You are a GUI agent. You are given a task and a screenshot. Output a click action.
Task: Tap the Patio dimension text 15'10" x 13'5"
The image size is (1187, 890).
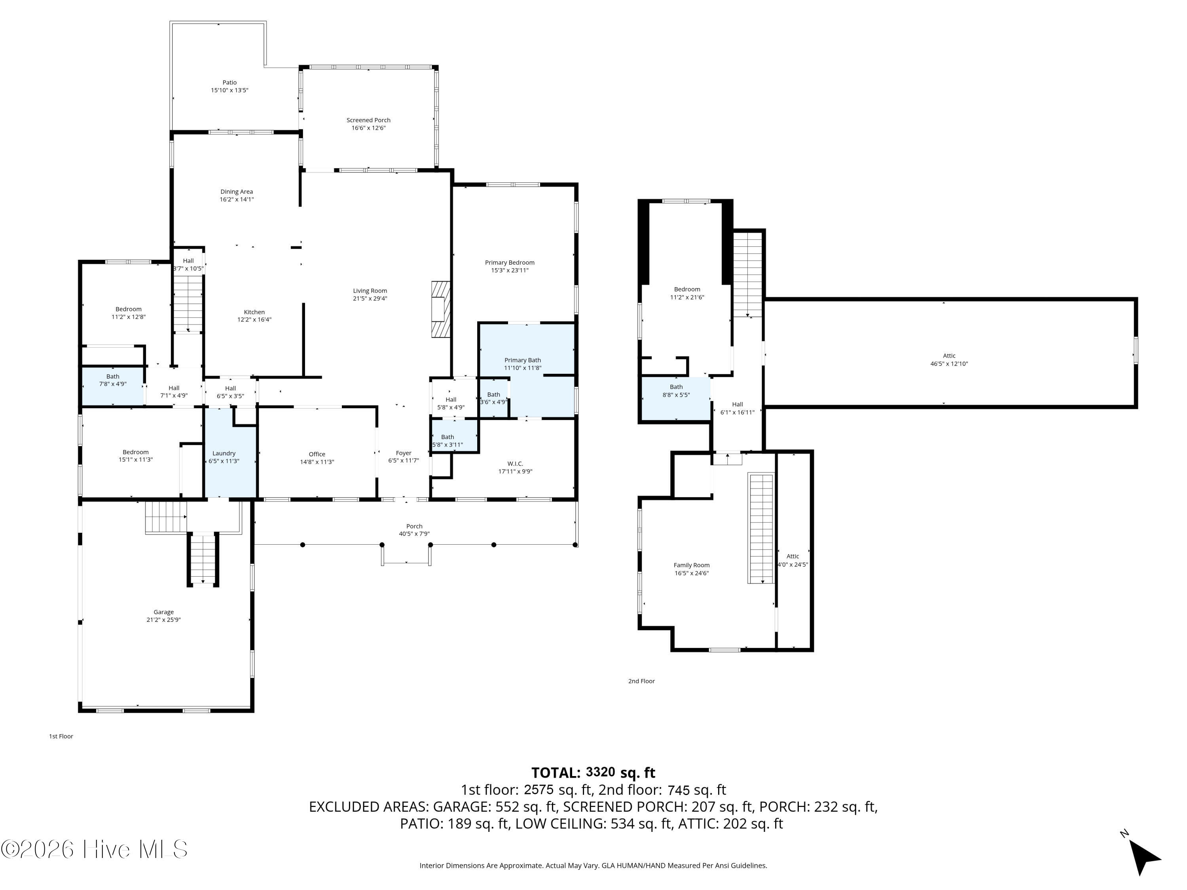(229, 90)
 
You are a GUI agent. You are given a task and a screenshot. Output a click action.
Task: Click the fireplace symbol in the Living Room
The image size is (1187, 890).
(440, 310)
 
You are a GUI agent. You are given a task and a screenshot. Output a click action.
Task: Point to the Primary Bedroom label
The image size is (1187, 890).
(510, 262)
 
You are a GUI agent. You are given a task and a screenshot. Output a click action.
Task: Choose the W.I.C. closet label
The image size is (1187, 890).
(515, 464)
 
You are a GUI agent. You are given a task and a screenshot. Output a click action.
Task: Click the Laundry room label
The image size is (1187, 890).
(224, 453)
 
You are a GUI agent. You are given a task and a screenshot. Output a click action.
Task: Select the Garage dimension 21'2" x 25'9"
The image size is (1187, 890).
(164, 619)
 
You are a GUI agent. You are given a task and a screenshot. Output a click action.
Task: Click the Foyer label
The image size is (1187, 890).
(404, 453)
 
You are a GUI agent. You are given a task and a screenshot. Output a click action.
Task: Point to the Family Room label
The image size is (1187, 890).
(692, 565)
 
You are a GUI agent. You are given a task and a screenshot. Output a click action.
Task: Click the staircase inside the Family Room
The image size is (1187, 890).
(762, 528)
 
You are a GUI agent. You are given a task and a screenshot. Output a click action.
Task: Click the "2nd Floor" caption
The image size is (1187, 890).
(641, 681)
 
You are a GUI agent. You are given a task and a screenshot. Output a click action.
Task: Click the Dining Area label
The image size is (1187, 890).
(237, 191)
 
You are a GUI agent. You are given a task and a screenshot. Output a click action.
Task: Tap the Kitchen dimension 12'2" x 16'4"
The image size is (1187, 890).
(254, 319)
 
